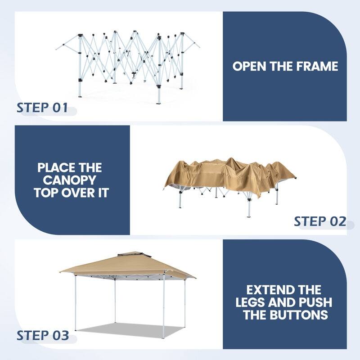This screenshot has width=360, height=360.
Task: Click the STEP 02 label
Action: click(x=319, y=221)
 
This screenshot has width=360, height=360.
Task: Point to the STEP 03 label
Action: click(x=43, y=336)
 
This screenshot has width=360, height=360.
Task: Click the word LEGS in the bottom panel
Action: click(x=253, y=302)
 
